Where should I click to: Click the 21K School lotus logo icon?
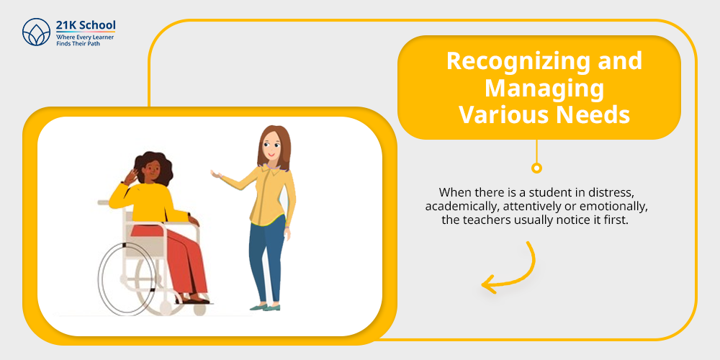[x=36, y=32]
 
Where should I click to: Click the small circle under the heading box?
[x=536, y=168]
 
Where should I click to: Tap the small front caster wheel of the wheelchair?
[x=199, y=310]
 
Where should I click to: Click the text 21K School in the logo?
[x=86, y=25]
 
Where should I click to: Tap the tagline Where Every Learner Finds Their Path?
[x=85, y=40]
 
